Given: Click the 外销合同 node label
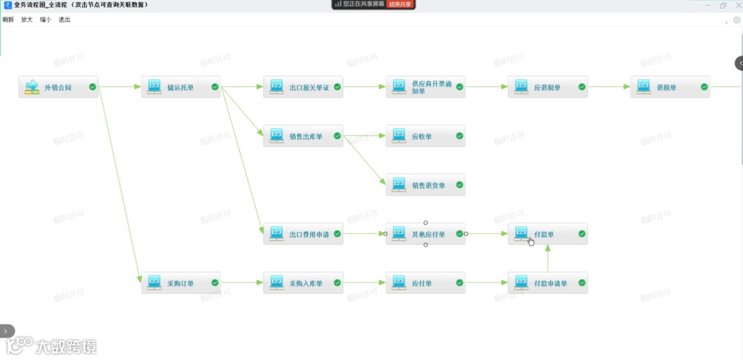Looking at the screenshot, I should [x=58, y=87].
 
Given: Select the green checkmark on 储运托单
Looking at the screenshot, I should [x=215, y=87].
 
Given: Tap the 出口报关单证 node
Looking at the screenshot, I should [x=303, y=87].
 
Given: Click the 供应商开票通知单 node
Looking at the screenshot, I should [x=425, y=87].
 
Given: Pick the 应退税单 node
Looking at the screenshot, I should [x=548, y=87].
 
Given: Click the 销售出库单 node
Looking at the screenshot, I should [x=303, y=136].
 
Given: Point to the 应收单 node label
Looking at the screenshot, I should [x=422, y=136].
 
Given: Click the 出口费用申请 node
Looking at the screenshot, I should [x=303, y=234].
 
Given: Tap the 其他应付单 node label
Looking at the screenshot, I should [x=429, y=234].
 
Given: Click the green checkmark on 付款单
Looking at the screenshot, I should [x=582, y=234].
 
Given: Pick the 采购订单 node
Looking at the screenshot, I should [x=180, y=283].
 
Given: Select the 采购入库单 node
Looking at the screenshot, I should [x=303, y=283].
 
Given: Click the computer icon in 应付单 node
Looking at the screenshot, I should [x=399, y=282].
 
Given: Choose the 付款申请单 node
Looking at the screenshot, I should [x=548, y=283].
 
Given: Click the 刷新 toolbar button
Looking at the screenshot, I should [x=8, y=20].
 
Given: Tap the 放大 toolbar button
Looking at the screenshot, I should [x=27, y=20].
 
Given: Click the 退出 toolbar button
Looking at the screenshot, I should [x=65, y=20].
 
